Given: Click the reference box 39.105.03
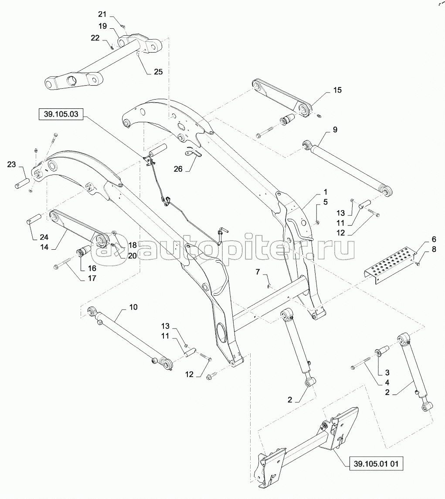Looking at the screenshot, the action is tap(61, 114).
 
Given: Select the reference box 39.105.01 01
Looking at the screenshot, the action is tap(376, 463).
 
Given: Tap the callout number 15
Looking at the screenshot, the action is tap(337, 90).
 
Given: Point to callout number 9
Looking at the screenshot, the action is tap(335, 130).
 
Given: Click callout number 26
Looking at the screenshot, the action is tap(178, 169).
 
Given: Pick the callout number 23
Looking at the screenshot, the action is tap(11, 164).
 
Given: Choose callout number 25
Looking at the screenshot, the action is tap(158, 72).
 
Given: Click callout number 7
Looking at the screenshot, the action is tap(258, 271).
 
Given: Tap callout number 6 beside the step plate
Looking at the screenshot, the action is tap(434, 239).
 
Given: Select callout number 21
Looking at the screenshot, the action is tap(102, 14).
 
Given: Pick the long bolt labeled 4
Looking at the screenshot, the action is tap(360, 363).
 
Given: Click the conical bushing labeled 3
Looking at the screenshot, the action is tap(380, 351).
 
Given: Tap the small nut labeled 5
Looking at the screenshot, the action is tap(317, 222).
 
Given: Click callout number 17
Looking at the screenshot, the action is tap(92, 278).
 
